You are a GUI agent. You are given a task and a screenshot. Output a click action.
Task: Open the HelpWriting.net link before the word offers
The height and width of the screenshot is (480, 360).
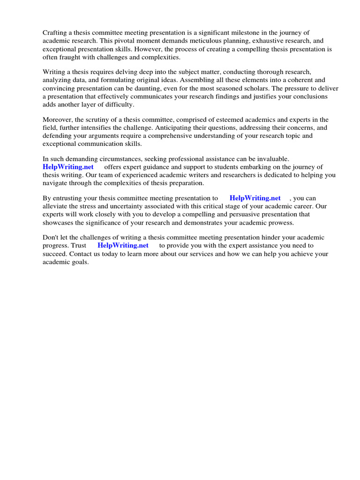[68, 167]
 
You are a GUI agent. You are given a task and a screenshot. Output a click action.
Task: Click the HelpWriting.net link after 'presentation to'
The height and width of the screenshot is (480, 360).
[255, 198]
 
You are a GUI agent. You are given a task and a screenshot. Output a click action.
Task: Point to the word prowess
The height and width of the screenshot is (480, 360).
[280, 223]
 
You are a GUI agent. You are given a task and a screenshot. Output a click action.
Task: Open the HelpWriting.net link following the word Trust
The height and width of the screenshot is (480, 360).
[123, 245]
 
